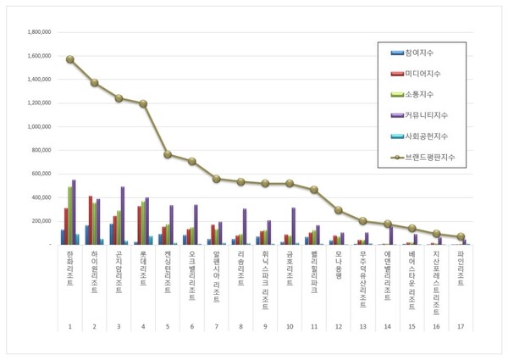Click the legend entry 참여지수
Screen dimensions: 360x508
click(417, 53)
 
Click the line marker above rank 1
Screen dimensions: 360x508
click(70, 59)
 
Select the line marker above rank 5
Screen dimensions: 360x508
click(168, 155)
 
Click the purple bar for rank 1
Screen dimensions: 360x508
click(74, 212)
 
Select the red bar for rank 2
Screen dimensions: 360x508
click(91, 220)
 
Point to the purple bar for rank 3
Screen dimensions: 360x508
click(123, 215)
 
